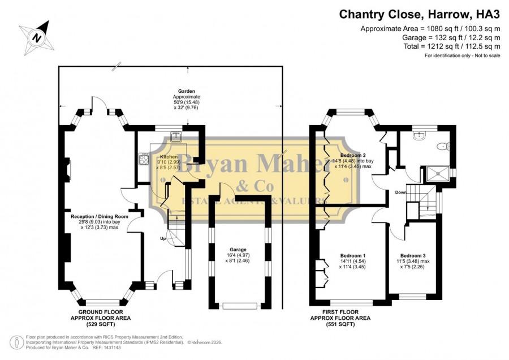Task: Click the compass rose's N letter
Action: tap(37, 38)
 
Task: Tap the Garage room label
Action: tap(238, 250)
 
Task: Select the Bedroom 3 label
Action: tap(413, 256)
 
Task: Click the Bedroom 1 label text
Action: tap(353, 255)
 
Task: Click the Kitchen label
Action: tap(169, 157)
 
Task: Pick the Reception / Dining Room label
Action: tap(100, 216)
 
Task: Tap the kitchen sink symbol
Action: tap(176, 137)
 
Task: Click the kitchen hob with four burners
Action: tap(144, 159)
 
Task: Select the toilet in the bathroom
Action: tap(443, 147)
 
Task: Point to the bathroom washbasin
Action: tap(420, 135)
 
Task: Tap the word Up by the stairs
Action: tap(163, 238)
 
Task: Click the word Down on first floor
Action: tap(400, 192)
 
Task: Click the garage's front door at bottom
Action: tap(240, 306)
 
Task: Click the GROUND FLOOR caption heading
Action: tap(101, 312)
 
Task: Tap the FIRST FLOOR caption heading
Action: tap(340, 312)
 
